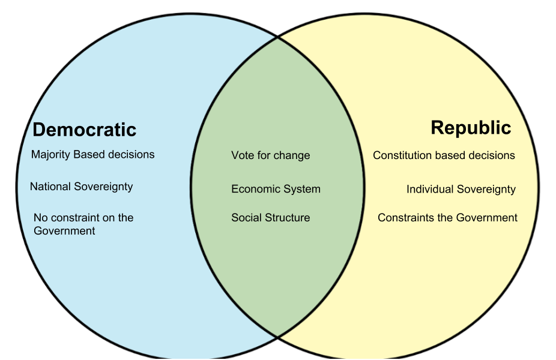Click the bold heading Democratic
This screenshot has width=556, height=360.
click(x=84, y=130)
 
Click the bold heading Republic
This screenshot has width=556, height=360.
click(x=471, y=128)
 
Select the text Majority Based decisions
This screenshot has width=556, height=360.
click(x=92, y=155)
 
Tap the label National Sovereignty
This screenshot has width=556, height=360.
click(x=81, y=187)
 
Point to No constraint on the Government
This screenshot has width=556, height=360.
click(x=83, y=224)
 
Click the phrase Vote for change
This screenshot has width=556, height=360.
click(x=270, y=155)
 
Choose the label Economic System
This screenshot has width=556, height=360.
click(x=276, y=189)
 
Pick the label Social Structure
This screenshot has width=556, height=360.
click(x=270, y=218)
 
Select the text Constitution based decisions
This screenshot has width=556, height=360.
click(x=444, y=155)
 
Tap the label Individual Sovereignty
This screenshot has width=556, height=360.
click(x=461, y=189)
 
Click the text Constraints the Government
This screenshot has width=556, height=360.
click(x=447, y=218)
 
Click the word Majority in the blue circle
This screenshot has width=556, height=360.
click(x=50, y=155)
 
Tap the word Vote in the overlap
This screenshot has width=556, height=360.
click(x=242, y=155)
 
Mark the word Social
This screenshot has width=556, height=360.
click(x=246, y=218)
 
